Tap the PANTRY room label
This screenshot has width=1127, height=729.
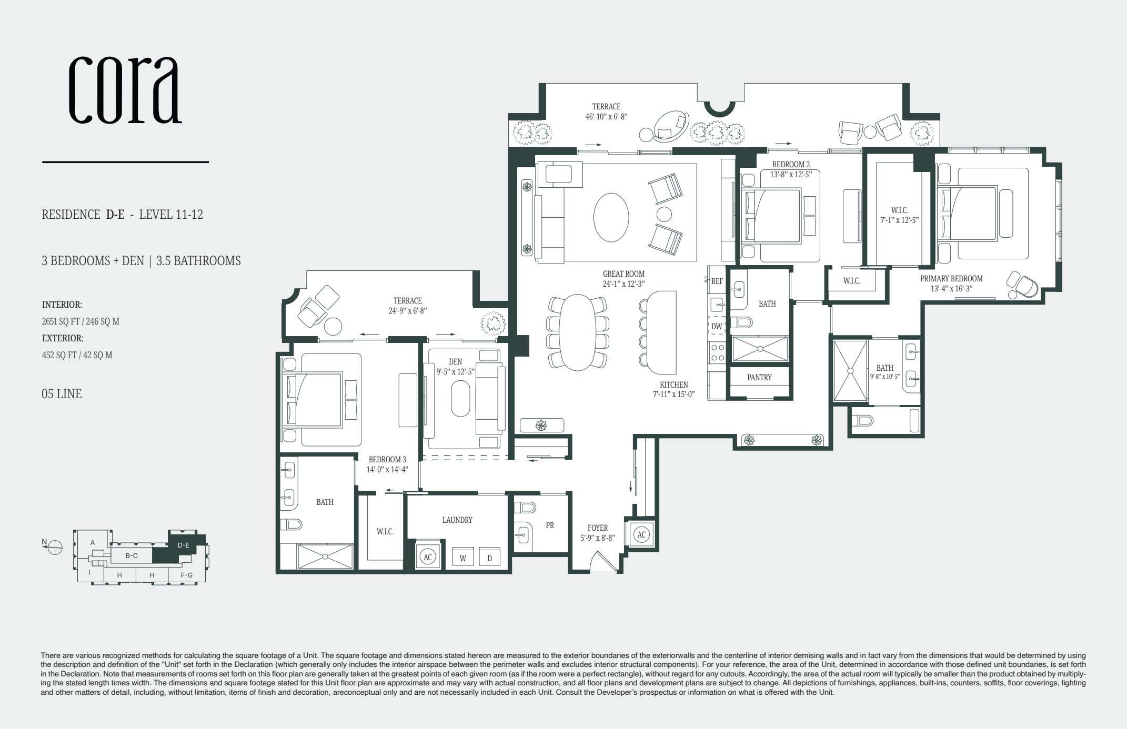[759, 378]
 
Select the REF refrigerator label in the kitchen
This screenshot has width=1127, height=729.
[717, 281]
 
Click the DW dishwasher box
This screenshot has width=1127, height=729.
[717, 327]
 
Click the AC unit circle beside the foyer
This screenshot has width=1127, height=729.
[641, 535]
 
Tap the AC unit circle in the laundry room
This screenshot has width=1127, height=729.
[428, 557]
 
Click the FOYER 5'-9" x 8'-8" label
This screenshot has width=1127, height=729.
[598, 533]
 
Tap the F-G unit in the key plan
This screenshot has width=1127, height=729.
[186, 575]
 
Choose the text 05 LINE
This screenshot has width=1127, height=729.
[62, 394]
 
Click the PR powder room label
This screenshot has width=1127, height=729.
[550, 525]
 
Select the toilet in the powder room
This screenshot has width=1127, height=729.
[526, 508]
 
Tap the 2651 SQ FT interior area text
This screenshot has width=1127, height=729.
[80, 321]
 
